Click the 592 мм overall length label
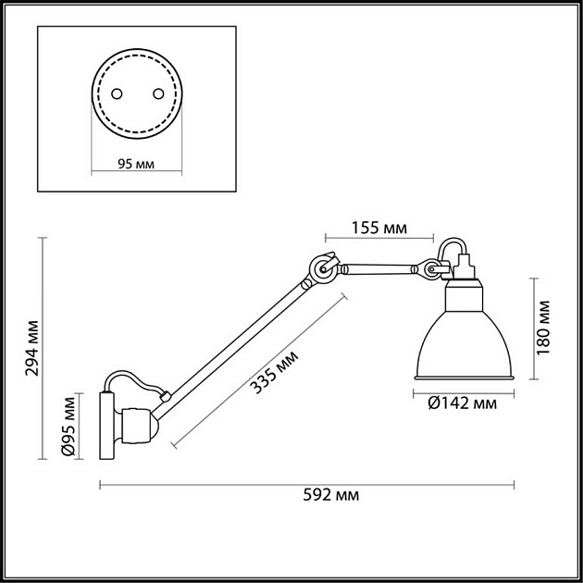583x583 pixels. click(331, 496)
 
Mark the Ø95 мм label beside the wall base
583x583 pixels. click(68, 425)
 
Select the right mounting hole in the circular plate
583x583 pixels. click(156, 93)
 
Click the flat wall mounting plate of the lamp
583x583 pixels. click(105, 425)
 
